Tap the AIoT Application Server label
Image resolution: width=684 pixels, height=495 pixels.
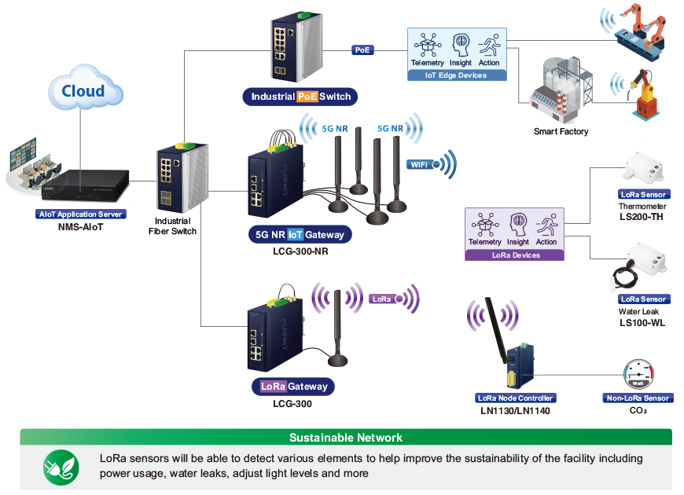tap(81, 214)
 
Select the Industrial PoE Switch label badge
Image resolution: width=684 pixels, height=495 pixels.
tap(300, 97)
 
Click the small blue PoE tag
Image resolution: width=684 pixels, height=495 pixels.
tap(362, 50)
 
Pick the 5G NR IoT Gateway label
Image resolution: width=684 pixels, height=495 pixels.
tap(300, 235)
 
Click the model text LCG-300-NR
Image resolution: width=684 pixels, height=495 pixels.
tap(300, 251)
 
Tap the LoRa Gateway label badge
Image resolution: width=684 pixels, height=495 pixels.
tap(293, 387)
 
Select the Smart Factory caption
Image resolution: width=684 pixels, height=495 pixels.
tap(561, 131)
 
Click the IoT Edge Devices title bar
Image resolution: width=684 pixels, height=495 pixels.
tap(457, 75)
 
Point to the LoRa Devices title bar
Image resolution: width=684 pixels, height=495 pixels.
tap(515, 255)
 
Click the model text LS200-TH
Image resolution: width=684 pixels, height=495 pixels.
tap(642, 217)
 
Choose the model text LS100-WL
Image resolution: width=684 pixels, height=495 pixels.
tap(642, 323)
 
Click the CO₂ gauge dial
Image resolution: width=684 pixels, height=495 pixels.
tap(638, 374)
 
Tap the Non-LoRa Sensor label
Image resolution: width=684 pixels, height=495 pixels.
tap(638, 398)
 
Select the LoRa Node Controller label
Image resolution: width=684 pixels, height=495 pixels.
tap(515, 398)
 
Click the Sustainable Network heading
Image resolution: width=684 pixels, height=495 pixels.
tap(346, 438)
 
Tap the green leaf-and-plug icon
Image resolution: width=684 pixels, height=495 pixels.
tap(61, 467)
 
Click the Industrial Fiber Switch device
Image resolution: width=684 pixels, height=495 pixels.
tap(182, 177)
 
